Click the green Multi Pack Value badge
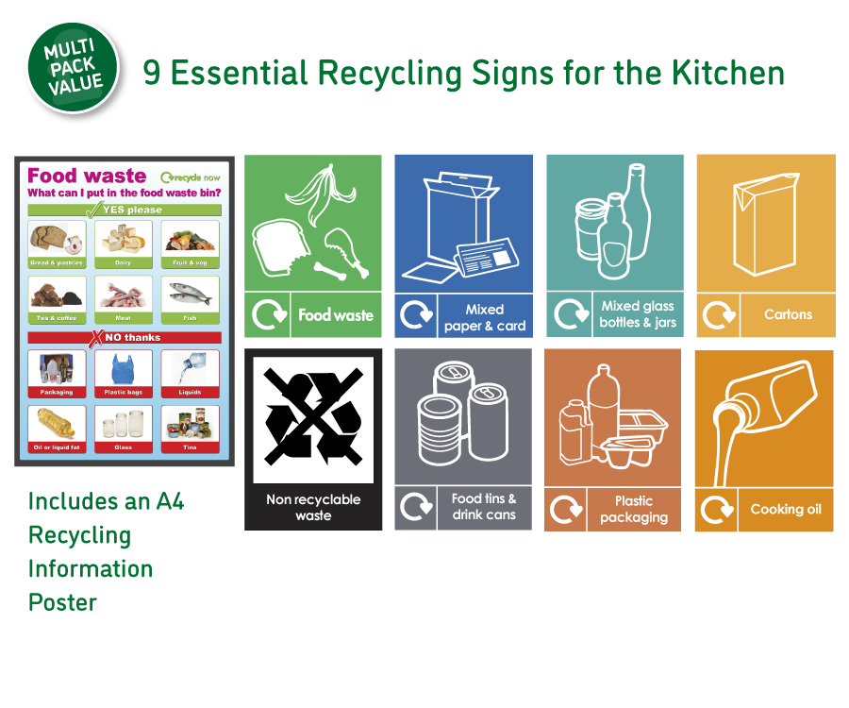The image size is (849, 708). pyautogui.click(x=74, y=67)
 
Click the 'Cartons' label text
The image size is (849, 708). pyautogui.click(x=788, y=314)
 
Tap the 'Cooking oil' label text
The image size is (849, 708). pyautogui.click(x=786, y=509)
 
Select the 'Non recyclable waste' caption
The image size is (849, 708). pyautogui.click(x=313, y=508)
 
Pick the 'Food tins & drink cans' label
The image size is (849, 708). pyautogui.click(x=484, y=506)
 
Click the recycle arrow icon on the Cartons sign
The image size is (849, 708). pyautogui.click(x=719, y=314)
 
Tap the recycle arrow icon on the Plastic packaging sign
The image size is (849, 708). pyautogui.click(x=566, y=510)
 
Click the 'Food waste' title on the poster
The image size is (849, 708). pyautogui.click(x=87, y=176)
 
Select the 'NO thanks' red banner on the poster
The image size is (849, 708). pyautogui.click(x=125, y=337)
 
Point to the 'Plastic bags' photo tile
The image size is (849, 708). pyautogui.click(x=124, y=373)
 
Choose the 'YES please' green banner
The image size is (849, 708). pyautogui.click(x=125, y=210)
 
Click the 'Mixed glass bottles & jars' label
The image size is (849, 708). pyautogui.click(x=638, y=314)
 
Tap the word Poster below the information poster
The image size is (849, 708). pyautogui.click(x=62, y=602)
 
